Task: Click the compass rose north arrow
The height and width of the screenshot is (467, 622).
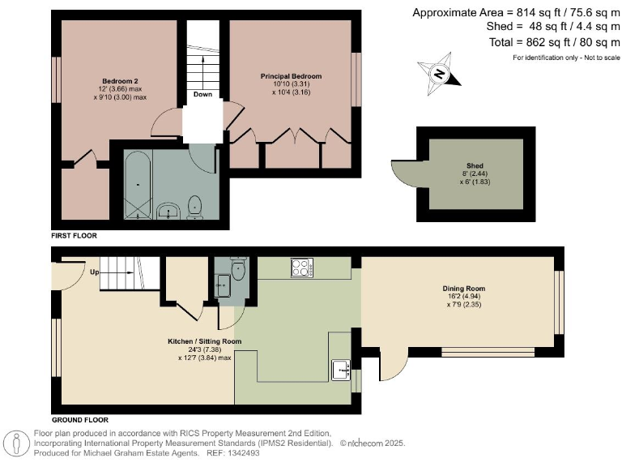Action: coord(439,72)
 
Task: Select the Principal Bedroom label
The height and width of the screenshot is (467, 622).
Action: coord(291,76)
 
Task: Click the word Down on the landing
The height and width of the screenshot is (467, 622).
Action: coord(202,94)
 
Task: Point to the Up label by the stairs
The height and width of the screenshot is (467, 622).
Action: coord(95,272)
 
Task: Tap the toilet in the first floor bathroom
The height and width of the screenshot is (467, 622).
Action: coord(194,208)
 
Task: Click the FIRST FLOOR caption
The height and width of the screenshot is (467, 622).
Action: coord(74,235)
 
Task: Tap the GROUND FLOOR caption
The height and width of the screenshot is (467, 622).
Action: coord(80,421)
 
